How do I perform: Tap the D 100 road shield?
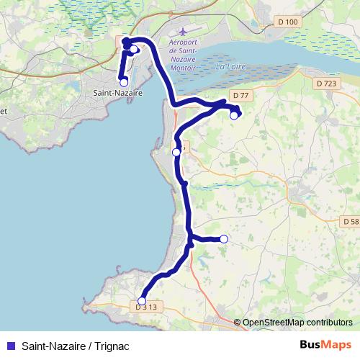(x=288, y=22)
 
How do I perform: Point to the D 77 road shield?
(x=240, y=95)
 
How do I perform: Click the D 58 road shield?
(x=350, y=222)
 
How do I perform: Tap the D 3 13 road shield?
(x=146, y=307)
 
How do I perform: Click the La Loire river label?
(x=228, y=67)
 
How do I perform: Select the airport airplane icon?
(x=181, y=32)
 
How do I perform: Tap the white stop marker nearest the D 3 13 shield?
(x=142, y=301)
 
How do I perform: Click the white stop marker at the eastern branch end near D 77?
(x=233, y=115)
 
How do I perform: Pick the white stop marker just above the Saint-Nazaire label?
(x=124, y=82)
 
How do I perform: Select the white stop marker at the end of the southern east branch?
(x=224, y=239)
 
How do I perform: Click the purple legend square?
(x=9, y=345)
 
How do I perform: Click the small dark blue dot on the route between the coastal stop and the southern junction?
(x=185, y=184)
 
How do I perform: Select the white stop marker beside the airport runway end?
(x=134, y=49)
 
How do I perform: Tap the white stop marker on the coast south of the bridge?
(x=176, y=152)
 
